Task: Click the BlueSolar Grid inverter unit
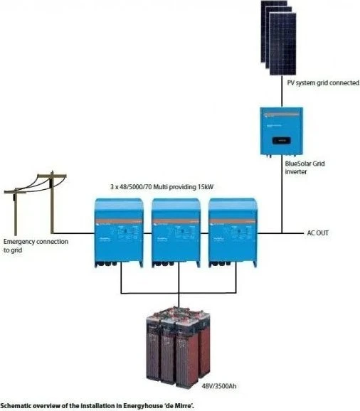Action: tap(281, 132)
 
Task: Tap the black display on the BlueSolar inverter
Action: tap(281, 141)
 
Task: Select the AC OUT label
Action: tap(317, 233)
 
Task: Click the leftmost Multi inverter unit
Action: tap(119, 233)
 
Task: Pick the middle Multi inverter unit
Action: tap(176, 233)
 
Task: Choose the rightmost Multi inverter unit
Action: tap(233, 233)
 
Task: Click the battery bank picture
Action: tap(179, 346)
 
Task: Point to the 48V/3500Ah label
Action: tap(219, 386)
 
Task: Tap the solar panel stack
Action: tap(278, 38)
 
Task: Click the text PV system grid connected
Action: tap(323, 82)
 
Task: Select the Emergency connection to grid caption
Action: tap(36, 245)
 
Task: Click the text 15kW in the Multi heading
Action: tap(206, 187)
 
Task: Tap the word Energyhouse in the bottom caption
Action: tap(143, 406)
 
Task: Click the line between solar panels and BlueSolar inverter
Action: tap(282, 91)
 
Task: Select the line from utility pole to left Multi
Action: tap(74, 233)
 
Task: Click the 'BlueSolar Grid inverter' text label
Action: tap(305, 168)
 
